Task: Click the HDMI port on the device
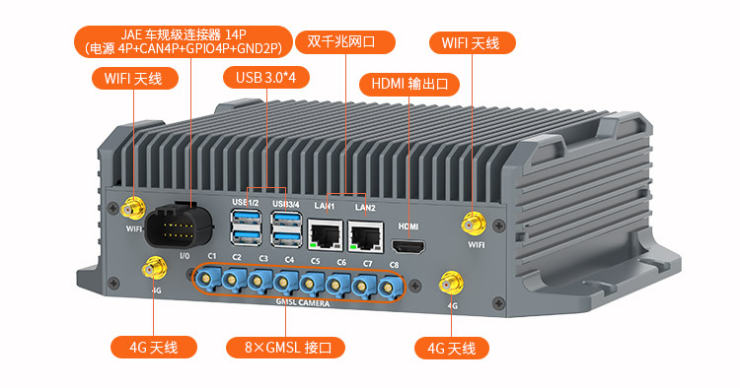tap(408, 246)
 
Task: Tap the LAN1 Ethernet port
tap(326, 234)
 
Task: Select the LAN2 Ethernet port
tap(366, 236)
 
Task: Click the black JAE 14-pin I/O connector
tap(179, 228)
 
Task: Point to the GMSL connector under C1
tap(206, 279)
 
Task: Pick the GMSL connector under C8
tap(389, 287)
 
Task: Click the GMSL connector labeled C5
tap(309, 284)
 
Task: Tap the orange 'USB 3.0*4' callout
tap(266, 77)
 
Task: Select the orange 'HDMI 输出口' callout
tap(409, 85)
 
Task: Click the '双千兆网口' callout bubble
tap(345, 42)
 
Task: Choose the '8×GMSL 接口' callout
tap(285, 348)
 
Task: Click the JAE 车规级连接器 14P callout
tap(184, 41)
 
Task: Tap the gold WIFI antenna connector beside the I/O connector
tap(133, 209)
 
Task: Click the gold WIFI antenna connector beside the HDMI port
tap(474, 225)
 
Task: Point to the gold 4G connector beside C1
tap(154, 269)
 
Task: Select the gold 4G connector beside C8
tap(451, 284)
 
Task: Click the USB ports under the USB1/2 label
tap(246, 227)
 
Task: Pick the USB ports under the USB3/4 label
tap(286, 229)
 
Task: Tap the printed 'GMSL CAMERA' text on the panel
tap(303, 302)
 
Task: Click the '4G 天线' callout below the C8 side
tap(452, 349)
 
